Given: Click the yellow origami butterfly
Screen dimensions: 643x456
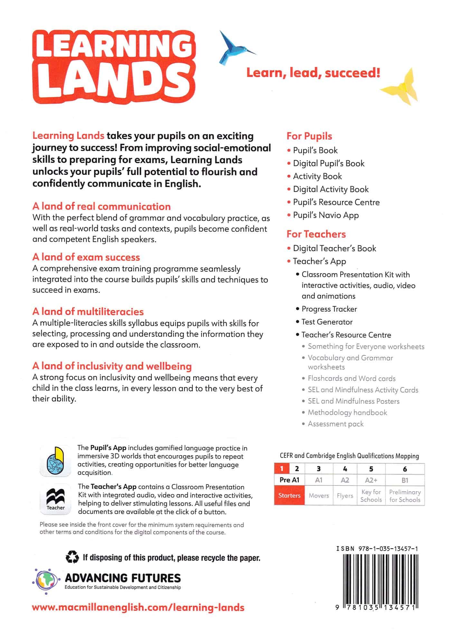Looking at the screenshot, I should (x=401, y=87).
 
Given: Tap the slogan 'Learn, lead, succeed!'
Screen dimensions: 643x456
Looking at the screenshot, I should (x=313, y=73).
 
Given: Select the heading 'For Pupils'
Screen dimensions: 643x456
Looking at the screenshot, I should (x=309, y=136).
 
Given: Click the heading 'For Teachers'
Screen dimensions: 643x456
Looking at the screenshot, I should (x=316, y=234).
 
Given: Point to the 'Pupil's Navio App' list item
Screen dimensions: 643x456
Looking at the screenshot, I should (x=326, y=215).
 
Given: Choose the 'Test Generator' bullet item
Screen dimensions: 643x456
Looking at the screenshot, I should (x=327, y=322).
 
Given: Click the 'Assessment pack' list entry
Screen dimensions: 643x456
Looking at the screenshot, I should (x=336, y=424).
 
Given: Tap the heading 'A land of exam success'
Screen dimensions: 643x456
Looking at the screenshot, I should (x=86, y=257).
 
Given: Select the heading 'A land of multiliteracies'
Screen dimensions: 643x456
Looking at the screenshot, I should (x=88, y=312).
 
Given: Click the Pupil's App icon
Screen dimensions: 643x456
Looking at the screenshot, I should (x=55, y=461).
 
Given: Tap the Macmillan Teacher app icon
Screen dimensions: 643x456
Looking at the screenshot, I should (x=55, y=499).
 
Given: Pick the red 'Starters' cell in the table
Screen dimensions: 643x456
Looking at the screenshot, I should (x=289, y=495).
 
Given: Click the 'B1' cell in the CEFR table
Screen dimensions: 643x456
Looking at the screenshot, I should (x=405, y=480).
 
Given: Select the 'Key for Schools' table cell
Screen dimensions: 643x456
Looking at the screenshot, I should (x=371, y=495).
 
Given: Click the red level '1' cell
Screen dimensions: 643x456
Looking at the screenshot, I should (x=282, y=469).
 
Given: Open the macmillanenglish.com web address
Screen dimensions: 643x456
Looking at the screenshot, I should (x=138, y=608).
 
